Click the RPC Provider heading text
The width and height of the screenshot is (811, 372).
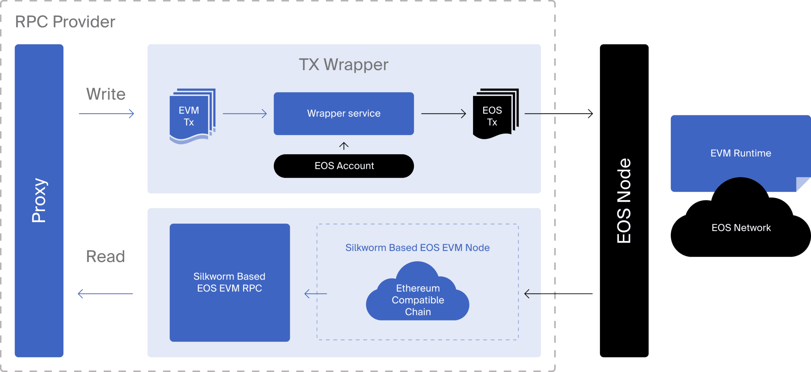(x=65, y=22)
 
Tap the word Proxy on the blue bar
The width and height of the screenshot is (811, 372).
(x=39, y=200)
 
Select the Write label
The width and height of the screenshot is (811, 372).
(x=106, y=94)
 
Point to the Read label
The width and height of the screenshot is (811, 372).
(x=105, y=256)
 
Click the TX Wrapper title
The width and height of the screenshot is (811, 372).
(x=343, y=65)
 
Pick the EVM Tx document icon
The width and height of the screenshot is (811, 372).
(x=191, y=116)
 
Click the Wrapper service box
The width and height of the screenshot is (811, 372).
(x=344, y=113)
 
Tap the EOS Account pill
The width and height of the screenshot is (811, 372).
(x=344, y=166)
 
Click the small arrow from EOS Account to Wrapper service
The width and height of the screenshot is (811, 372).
(x=344, y=146)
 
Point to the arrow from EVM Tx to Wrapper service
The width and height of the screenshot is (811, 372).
(x=245, y=113)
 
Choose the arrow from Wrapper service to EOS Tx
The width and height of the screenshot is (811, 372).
(x=443, y=113)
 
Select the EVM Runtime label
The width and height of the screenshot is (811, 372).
(x=741, y=153)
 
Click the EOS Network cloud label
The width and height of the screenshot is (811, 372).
(x=741, y=228)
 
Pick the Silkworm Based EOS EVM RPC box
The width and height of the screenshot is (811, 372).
(x=230, y=282)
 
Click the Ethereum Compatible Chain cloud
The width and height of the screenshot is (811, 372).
(x=418, y=299)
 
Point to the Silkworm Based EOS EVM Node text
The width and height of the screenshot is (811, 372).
(x=417, y=248)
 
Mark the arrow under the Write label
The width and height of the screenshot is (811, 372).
(x=106, y=113)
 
